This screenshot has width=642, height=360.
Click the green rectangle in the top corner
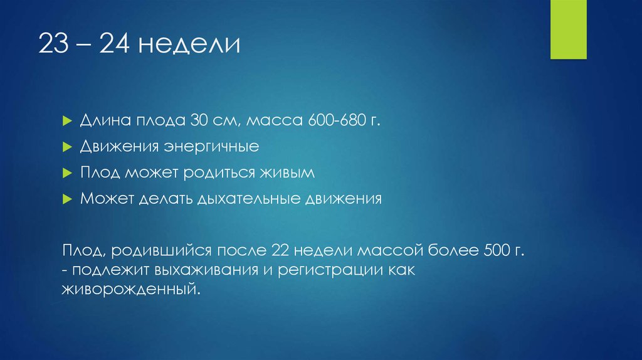pyautogui.click(x=568, y=29)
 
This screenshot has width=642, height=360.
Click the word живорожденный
pyautogui.click(x=132, y=290)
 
